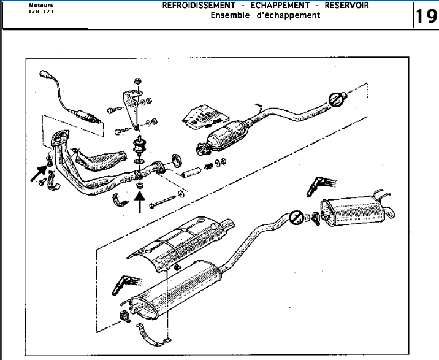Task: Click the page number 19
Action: tap(426, 15)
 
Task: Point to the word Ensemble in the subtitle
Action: tap(230, 15)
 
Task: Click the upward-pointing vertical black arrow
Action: tap(140, 203)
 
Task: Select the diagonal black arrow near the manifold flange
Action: tap(39, 175)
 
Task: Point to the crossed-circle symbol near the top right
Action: tap(335, 99)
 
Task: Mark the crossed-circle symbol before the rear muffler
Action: tap(296, 217)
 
